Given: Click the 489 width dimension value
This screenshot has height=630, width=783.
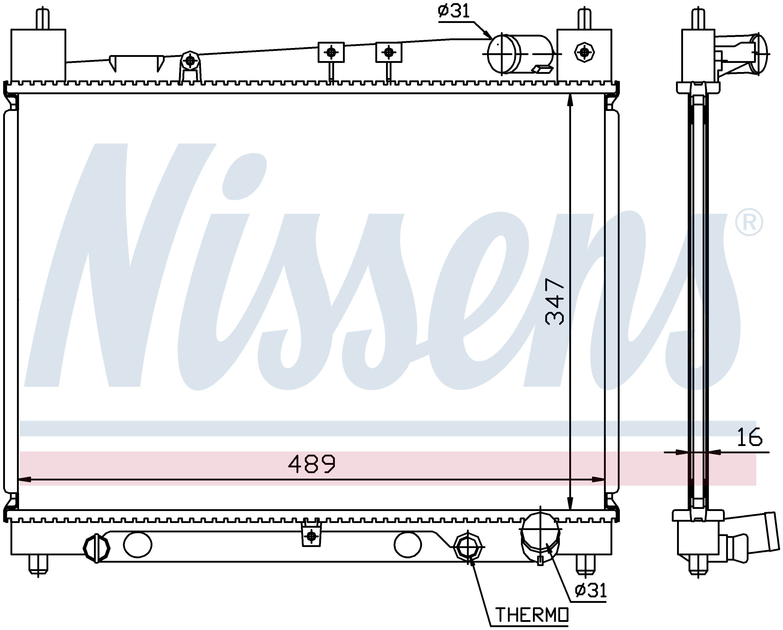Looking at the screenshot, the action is point(312,464).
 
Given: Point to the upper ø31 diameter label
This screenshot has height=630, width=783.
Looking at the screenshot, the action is point(454,11).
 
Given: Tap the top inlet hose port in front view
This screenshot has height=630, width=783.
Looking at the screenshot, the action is point(519,55).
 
